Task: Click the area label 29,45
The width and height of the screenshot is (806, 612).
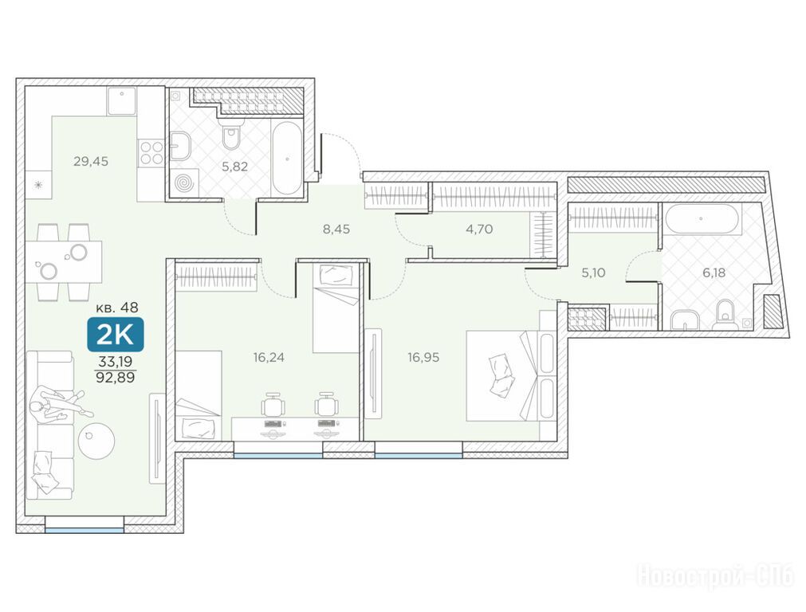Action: point(91,161)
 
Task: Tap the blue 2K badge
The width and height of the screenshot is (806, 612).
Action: point(115,335)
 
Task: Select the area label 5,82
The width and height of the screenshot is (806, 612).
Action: point(235,167)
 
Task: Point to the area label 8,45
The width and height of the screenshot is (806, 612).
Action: point(336,229)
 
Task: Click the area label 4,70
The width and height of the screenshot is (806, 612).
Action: point(479,229)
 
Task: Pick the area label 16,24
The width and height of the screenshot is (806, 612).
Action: point(269,357)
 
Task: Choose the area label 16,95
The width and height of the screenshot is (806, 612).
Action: point(423,357)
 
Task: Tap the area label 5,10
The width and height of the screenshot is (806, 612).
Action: point(593,273)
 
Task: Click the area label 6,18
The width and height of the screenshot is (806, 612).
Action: point(714,273)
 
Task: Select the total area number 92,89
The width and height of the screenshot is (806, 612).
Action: point(115,378)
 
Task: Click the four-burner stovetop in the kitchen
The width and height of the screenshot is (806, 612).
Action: point(151,153)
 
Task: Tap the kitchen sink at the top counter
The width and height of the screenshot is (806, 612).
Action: point(122,100)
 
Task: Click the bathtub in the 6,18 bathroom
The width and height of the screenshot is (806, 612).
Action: point(702,219)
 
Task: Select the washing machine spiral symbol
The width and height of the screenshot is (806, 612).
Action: point(184,183)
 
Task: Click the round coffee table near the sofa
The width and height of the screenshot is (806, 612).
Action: point(96,440)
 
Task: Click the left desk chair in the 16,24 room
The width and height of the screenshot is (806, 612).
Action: point(273,404)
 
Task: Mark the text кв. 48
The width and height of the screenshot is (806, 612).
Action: point(117,308)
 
